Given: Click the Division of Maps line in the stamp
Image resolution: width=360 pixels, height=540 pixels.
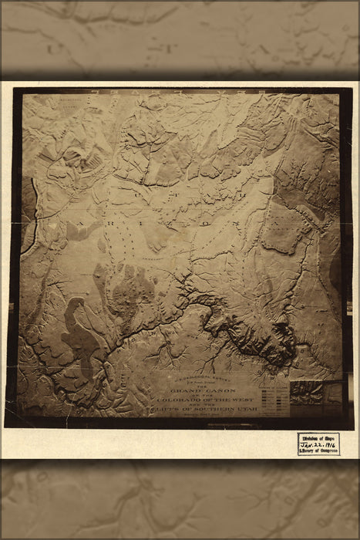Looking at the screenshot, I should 318,437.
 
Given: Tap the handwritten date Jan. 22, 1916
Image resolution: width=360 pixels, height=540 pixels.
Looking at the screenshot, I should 318,444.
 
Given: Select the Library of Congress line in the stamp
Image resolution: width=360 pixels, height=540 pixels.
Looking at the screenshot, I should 318,451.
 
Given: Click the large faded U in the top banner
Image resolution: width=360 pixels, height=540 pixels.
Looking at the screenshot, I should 54,48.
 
